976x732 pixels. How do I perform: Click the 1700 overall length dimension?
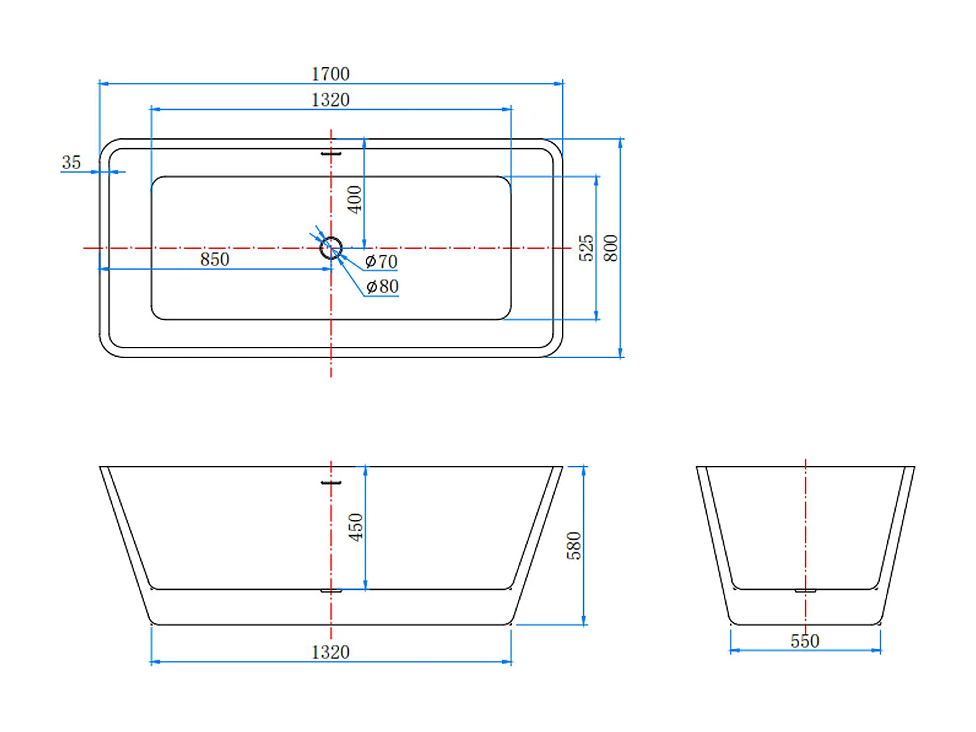(330, 74)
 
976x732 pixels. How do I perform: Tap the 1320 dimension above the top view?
(330, 99)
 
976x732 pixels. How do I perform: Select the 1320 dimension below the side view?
(330, 652)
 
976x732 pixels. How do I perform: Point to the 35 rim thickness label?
(71, 163)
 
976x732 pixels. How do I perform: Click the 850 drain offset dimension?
(215, 259)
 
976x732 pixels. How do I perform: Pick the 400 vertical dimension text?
(354, 199)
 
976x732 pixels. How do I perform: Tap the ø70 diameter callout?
(381, 261)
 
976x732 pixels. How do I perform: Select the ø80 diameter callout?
(382, 286)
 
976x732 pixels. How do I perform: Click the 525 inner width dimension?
(586, 248)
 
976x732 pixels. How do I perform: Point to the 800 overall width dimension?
(611, 248)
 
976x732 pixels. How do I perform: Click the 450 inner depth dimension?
(356, 527)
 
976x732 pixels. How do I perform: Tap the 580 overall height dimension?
(574, 546)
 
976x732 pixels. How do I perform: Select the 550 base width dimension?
(804, 641)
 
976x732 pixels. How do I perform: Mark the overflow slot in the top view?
(331, 154)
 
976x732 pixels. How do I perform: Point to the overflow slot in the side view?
(331, 483)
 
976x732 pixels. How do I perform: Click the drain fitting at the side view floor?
(331, 591)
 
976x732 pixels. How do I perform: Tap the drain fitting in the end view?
(806, 591)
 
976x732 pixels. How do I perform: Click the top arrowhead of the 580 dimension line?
(583, 471)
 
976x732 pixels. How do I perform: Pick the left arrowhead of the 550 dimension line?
(735, 650)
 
